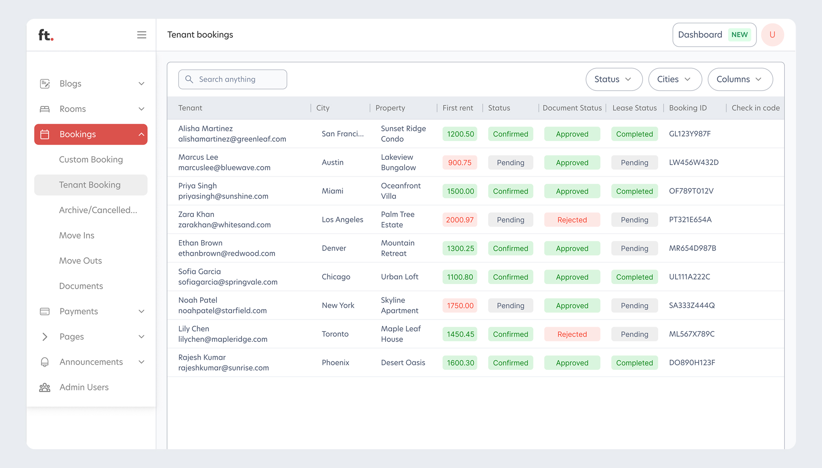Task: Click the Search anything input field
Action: point(232,79)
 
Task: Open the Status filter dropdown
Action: point(614,79)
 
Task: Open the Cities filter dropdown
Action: point(675,79)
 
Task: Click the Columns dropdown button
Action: point(740,79)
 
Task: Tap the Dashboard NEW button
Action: point(714,35)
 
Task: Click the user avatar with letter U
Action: point(772,35)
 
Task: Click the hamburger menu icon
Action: point(141,35)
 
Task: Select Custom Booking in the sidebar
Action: point(91,160)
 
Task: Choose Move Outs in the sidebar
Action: point(81,261)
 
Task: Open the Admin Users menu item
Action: point(84,387)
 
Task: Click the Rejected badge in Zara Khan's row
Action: point(572,220)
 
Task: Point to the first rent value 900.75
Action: point(459,163)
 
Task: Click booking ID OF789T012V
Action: point(691,191)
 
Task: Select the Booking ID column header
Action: point(688,108)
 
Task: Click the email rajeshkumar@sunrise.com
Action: point(224,368)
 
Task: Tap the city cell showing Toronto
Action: point(335,334)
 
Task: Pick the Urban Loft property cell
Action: point(399,277)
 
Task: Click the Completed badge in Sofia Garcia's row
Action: point(634,277)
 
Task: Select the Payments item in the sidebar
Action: point(79,311)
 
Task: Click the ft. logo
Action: point(46,35)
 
